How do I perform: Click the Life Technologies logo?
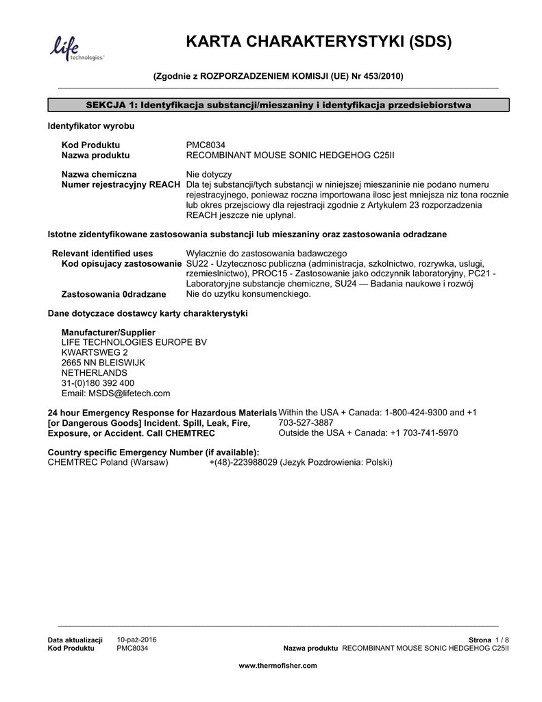(75, 49)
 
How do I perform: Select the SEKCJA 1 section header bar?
(278, 104)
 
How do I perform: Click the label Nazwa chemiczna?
(99, 174)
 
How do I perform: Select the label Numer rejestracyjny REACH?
(121, 185)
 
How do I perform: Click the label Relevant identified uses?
(103, 253)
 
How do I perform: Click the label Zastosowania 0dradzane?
(114, 294)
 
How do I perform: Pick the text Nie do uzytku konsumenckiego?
(249, 294)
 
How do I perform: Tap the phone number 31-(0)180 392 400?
(98, 383)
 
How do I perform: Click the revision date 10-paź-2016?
(137, 640)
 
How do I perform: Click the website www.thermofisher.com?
(278, 666)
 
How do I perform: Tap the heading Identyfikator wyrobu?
(90, 127)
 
